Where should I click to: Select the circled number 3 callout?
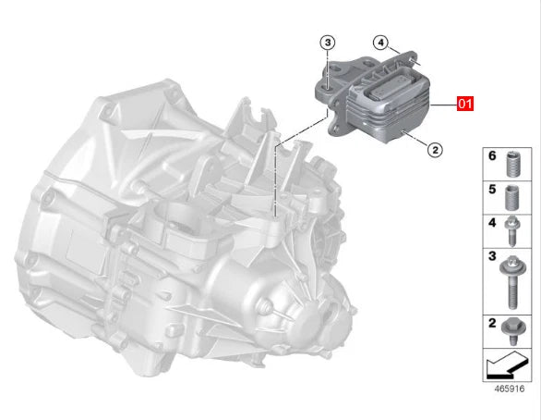click(x=329, y=43)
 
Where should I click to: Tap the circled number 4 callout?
click(x=379, y=43)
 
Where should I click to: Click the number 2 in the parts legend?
click(x=493, y=325)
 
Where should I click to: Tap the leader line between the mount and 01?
click(x=444, y=104)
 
